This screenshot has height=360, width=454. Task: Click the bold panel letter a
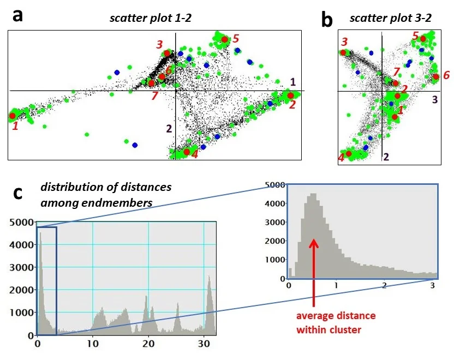[x=18, y=15]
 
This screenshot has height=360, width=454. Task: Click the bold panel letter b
[x=327, y=20]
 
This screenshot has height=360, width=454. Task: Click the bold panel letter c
[x=18, y=193]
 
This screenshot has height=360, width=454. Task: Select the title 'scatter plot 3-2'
[x=391, y=18]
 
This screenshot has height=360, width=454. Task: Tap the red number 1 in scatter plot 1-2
[x=16, y=126]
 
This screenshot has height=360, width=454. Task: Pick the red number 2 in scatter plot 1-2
[x=292, y=105]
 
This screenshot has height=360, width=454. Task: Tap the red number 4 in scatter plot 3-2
[x=341, y=157]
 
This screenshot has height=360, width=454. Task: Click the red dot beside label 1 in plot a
[x=13, y=116]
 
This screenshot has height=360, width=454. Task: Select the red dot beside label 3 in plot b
[x=343, y=53]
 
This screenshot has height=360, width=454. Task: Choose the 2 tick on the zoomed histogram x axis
[x=385, y=285]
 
